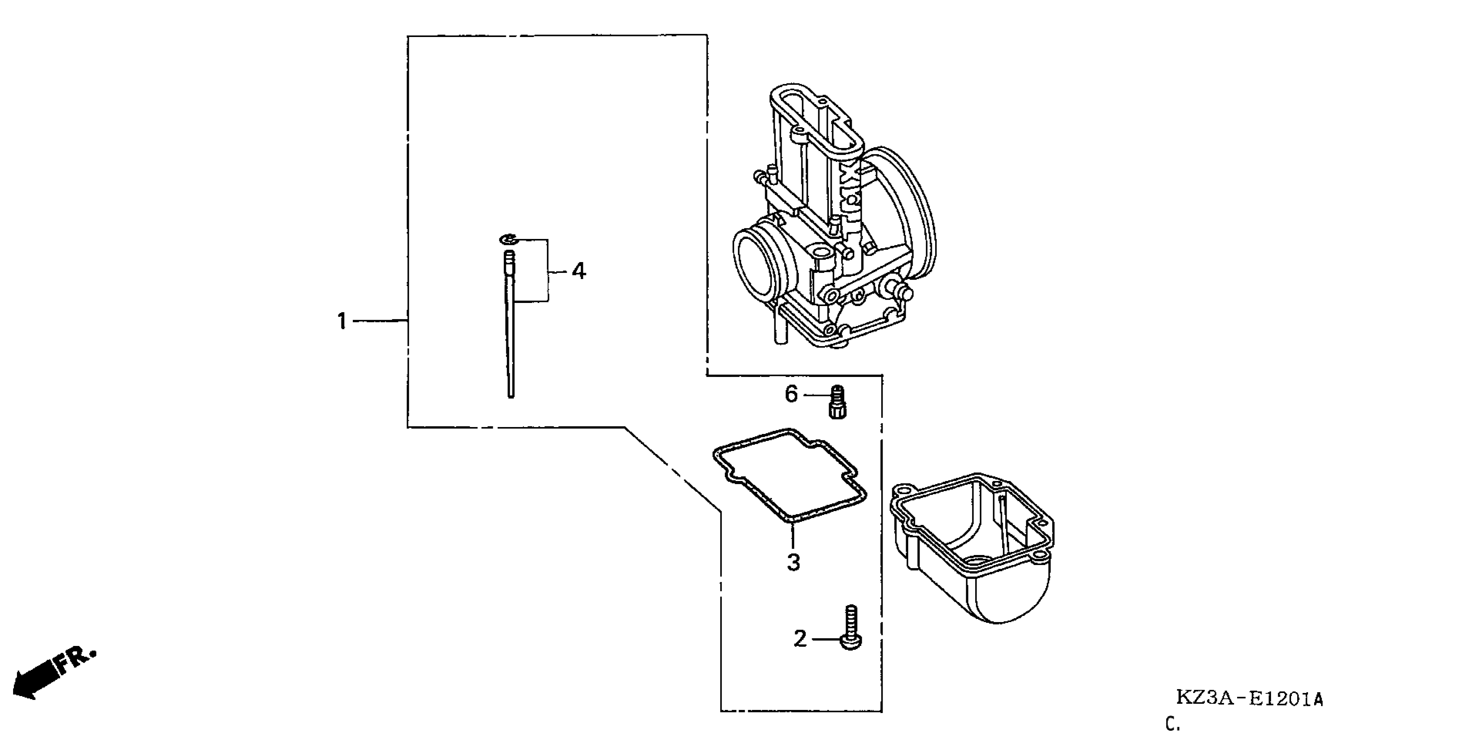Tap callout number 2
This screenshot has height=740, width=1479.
800,639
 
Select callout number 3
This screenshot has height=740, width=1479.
793,562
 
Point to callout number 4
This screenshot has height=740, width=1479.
578,271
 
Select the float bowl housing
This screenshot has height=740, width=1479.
976,552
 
